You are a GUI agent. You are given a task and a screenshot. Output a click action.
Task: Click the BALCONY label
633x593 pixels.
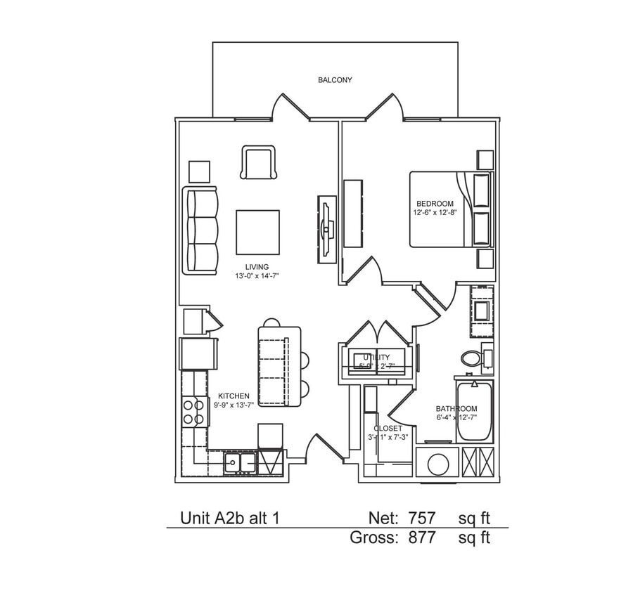point(335,80)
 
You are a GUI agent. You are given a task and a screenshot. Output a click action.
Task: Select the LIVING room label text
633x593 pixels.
point(257,266)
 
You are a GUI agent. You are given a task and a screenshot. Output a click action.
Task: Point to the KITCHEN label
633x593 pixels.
point(234,396)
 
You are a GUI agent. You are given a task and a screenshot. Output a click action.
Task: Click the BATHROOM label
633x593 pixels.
point(456,409)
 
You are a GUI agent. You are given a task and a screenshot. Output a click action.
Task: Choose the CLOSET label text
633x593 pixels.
point(388,428)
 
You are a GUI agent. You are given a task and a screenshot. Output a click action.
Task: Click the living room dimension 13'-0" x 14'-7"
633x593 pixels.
point(257,276)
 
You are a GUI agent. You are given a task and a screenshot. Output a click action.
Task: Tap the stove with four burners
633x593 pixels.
point(193,412)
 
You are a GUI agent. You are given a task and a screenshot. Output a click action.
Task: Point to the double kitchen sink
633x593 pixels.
point(241,463)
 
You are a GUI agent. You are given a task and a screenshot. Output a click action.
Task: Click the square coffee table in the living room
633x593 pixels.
point(257,233)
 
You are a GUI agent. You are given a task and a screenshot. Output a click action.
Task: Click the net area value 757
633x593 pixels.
point(421,519)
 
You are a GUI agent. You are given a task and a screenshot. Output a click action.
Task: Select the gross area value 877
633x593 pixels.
point(421,538)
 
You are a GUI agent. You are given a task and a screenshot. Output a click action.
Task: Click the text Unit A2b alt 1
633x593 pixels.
point(231,519)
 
